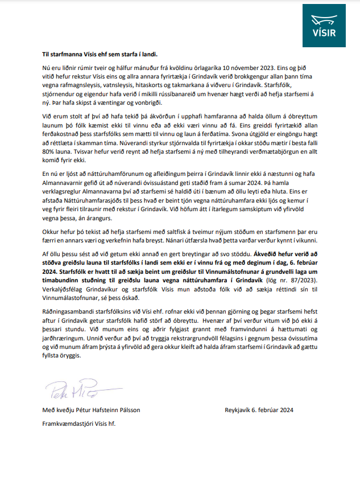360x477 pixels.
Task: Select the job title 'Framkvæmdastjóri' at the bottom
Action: pyautogui.click(x=68, y=423)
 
